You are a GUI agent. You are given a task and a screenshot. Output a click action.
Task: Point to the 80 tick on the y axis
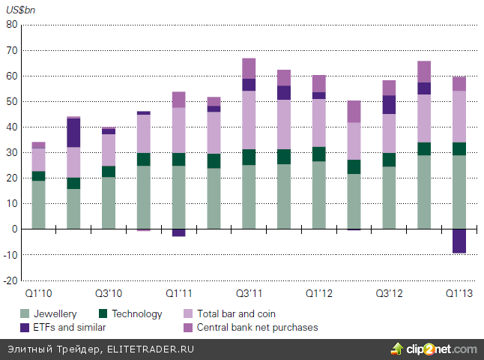11,25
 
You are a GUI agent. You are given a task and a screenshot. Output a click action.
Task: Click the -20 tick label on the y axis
10,280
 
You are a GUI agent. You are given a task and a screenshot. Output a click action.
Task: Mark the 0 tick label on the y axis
13,229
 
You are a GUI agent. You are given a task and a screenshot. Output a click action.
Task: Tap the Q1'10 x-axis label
38,293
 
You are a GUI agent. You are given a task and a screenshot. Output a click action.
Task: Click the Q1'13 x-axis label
459,293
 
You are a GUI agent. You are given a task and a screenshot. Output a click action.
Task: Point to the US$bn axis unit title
22,10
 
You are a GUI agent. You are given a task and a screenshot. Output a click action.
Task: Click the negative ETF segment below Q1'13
459,241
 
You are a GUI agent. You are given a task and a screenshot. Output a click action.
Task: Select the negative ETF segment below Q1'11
178,232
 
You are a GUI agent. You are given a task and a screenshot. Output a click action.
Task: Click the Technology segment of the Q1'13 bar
459,148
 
